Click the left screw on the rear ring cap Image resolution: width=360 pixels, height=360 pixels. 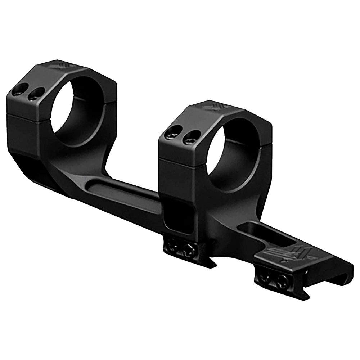(x=20, y=89)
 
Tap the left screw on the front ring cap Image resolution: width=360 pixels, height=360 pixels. (x=173, y=132)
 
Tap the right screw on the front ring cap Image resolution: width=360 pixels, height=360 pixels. (x=191, y=137)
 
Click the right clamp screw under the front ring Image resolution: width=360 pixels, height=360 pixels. (x=189, y=249)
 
